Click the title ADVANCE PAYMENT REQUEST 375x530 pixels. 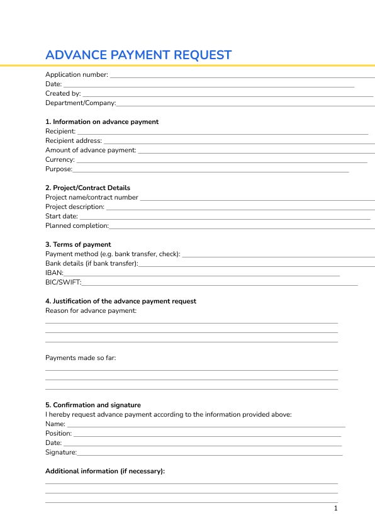point(138,55)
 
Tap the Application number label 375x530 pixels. point(76,75)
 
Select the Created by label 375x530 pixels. point(63,94)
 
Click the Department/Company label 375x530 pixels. point(81,103)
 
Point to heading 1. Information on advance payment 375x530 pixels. point(102,122)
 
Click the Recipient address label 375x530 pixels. point(73,141)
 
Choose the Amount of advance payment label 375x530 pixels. point(91,150)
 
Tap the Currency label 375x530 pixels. point(60,160)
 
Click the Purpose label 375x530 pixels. point(59,169)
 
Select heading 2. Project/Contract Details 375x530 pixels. point(87,188)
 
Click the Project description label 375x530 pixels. point(75,207)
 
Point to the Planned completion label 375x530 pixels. point(77,226)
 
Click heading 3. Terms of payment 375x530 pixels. point(78,245)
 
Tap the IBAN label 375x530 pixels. point(54,273)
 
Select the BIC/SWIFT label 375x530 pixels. point(63,283)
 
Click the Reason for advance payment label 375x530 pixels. point(91,311)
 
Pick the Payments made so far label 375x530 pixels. point(81,358)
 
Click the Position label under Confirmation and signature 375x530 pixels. point(59,434)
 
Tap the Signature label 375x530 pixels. point(61,453)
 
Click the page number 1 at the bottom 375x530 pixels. point(336,509)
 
